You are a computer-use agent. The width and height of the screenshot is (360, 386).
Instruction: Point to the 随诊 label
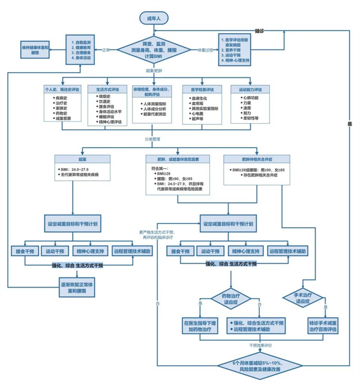click(260, 29)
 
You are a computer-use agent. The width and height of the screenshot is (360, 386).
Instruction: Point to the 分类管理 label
click(153, 139)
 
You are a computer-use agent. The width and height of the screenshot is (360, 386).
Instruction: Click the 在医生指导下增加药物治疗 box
click(196, 326)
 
